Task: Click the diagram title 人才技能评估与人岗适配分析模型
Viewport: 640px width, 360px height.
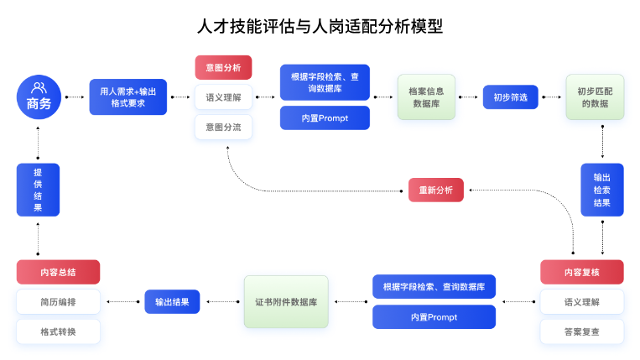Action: point(320,27)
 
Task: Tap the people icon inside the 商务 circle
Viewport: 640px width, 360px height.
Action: point(38,87)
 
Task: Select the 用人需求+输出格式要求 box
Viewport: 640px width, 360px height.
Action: point(128,97)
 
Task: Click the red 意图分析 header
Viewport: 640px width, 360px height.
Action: point(223,67)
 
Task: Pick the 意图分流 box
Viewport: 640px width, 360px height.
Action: point(223,127)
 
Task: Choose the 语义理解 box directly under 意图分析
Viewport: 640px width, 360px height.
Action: point(223,97)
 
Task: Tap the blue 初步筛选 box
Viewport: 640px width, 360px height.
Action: point(510,97)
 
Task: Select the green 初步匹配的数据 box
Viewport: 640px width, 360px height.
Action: point(595,97)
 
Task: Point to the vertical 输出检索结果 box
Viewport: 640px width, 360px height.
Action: point(602,190)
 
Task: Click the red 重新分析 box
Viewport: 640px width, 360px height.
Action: point(435,190)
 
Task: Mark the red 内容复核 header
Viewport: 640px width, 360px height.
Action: point(581,272)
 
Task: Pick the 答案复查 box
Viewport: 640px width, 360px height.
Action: point(581,331)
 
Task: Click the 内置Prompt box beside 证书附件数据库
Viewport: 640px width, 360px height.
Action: point(434,317)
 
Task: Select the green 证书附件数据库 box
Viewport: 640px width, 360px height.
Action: point(285,301)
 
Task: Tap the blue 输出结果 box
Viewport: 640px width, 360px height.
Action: point(172,301)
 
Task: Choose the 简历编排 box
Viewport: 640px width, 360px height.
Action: point(58,301)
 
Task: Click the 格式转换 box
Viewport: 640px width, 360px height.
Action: point(58,331)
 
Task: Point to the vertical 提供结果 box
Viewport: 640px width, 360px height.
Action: point(38,190)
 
